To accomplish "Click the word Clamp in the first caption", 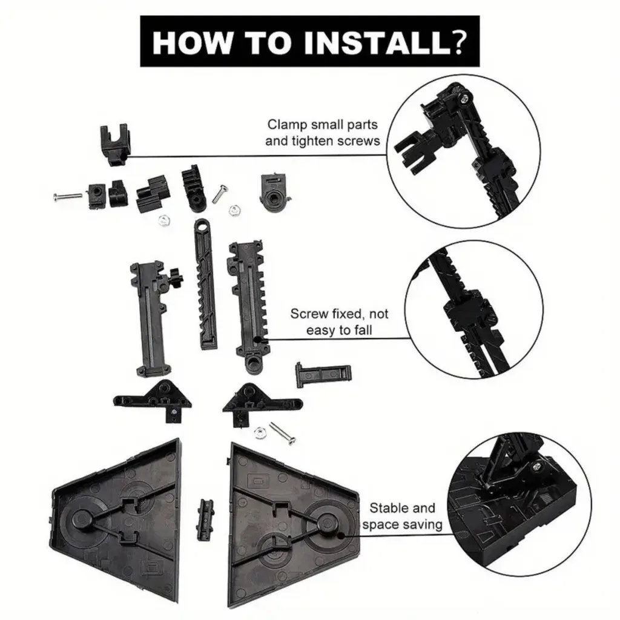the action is [x=287, y=125].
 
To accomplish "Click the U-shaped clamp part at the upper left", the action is [x=114, y=145].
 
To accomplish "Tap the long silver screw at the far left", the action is [x=68, y=196].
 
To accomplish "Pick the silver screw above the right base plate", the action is [x=282, y=433].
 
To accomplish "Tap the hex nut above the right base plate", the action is [x=260, y=432].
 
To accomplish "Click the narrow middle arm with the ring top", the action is [x=206, y=283].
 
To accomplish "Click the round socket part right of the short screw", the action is [x=275, y=191].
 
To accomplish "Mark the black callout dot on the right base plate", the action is [x=341, y=536].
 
